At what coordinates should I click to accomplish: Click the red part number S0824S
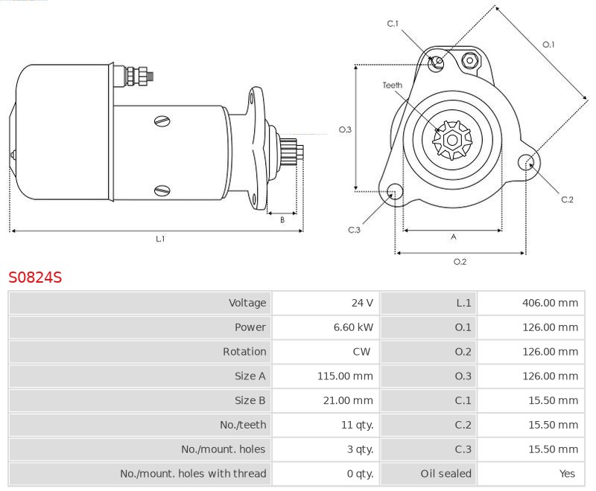tap(35, 277)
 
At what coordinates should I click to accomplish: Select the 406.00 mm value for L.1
tap(550, 303)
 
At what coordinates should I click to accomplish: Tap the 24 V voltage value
tap(362, 303)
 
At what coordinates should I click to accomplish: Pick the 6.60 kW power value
tap(353, 327)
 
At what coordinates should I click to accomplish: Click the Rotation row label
tap(244, 352)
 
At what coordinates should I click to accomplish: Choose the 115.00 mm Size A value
tap(345, 376)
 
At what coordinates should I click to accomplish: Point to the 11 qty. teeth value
tap(358, 425)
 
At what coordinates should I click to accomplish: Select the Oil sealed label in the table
tap(446, 474)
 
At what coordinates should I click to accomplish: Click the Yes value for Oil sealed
tap(567, 474)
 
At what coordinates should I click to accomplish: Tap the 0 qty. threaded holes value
tap(360, 474)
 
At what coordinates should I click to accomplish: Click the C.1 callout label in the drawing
tap(393, 24)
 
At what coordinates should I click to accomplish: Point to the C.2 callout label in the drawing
tap(567, 199)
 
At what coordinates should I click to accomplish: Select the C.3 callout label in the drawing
tap(354, 230)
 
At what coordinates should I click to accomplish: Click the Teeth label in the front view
tap(393, 86)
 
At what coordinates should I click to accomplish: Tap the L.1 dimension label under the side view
tap(160, 239)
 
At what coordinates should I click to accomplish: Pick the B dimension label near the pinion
tap(282, 219)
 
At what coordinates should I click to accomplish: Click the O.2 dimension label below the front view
tap(460, 262)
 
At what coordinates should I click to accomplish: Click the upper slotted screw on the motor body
tap(162, 121)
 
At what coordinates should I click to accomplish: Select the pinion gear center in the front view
tap(452, 140)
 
